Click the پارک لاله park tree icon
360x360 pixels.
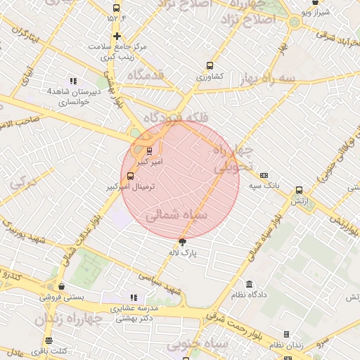pyautogui.click(x=183, y=242)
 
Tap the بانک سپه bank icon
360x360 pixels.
pyautogui.click(x=264, y=175)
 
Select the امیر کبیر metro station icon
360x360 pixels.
pyautogui.click(x=149, y=150)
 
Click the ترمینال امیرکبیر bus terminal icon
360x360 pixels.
pyautogui.click(x=129, y=176)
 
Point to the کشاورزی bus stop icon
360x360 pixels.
pyautogui.click(x=210, y=65)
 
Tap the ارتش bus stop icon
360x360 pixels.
pyautogui.click(x=300, y=190)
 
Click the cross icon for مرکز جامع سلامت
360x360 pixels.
pyautogui.click(x=117, y=36)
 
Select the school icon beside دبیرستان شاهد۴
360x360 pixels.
pyautogui.click(x=73, y=81)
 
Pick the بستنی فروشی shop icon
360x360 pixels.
pyautogui.click(x=63, y=286)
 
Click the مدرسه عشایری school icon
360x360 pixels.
pyautogui.click(x=134, y=297)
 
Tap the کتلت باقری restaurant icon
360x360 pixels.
pyautogui.click(x=49, y=340)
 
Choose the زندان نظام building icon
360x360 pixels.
pyautogui.click(x=286, y=334)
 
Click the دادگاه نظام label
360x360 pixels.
pyautogui.click(x=248, y=295)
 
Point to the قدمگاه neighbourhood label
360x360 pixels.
pyautogui.click(x=146, y=74)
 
